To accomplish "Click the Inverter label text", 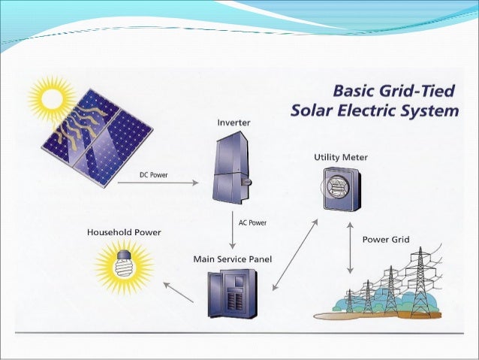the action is tap(233, 121).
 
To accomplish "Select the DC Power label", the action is tap(154, 175).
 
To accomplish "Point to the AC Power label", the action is tap(252, 222).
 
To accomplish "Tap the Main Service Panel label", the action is tap(233, 259).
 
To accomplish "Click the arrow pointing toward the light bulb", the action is tap(178, 292).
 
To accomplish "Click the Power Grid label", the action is tap(386, 240).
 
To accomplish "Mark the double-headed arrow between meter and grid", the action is tap(351, 246).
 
